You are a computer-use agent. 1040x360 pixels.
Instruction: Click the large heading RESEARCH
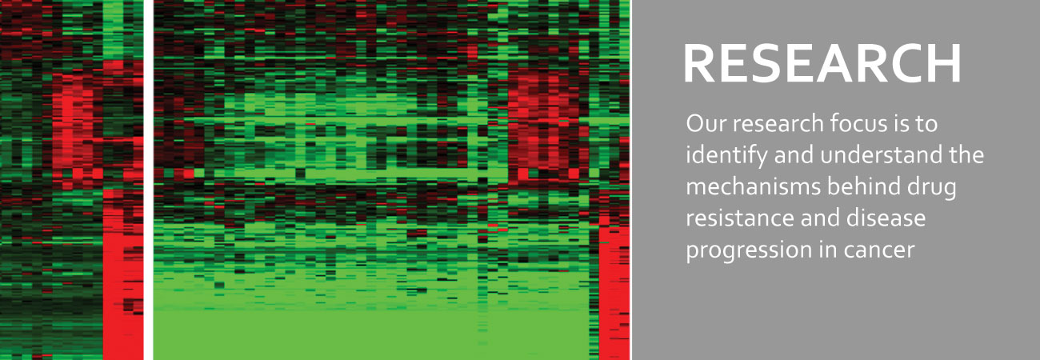pos(822,64)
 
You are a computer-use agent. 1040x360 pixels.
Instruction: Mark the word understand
pos(881,155)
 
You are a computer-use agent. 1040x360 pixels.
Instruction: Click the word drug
pos(929,188)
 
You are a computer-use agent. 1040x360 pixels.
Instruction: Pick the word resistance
pos(738,218)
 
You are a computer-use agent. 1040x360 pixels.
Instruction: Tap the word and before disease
pos(817,218)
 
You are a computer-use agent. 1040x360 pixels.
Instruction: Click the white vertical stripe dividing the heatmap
pos(149,180)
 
